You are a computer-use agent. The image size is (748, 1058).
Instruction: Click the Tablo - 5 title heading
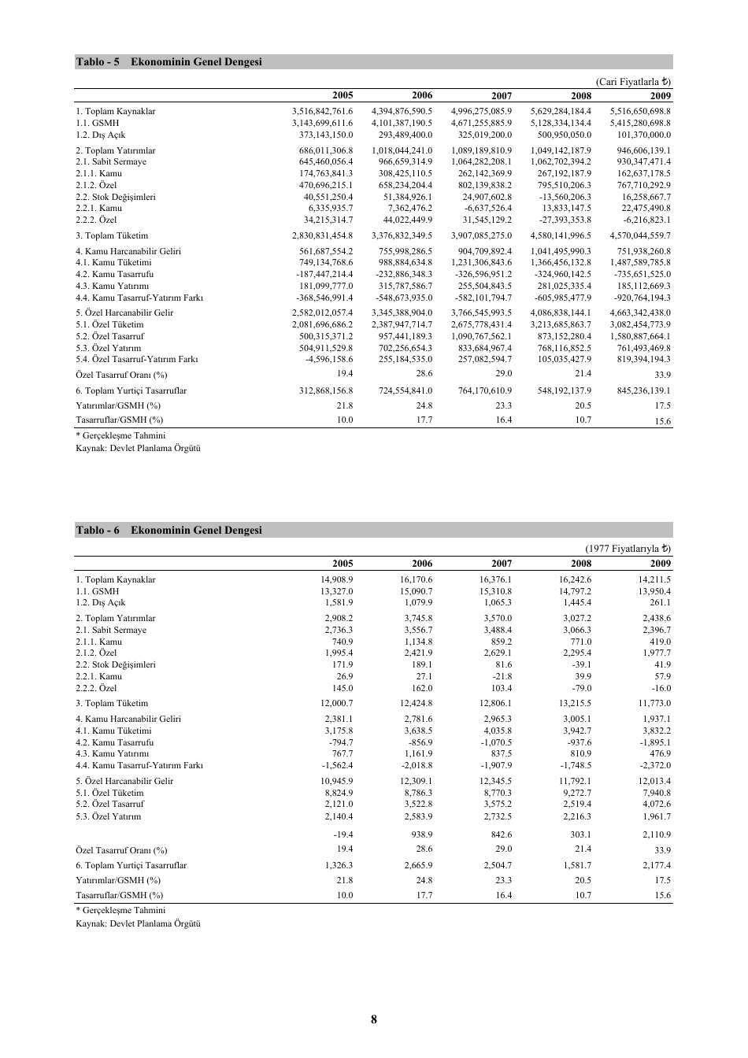click(168, 62)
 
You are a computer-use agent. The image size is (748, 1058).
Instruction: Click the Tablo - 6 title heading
click(168, 531)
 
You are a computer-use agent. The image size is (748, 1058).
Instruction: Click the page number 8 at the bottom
click(373, 1019)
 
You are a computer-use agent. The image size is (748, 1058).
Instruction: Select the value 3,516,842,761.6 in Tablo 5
click(322, 112)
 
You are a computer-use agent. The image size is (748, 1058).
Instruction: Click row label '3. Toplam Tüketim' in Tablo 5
click(112, 235)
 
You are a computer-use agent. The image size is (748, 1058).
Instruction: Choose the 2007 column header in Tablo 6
click(501, 564)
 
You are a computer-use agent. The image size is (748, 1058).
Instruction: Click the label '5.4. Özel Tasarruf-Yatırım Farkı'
click(136, 359)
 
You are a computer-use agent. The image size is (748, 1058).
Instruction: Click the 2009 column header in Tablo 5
click(660, 96)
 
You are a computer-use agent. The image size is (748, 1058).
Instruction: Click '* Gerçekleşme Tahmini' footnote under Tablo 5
click(120, 435)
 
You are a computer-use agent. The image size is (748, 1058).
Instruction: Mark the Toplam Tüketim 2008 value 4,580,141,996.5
click(561, 235)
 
